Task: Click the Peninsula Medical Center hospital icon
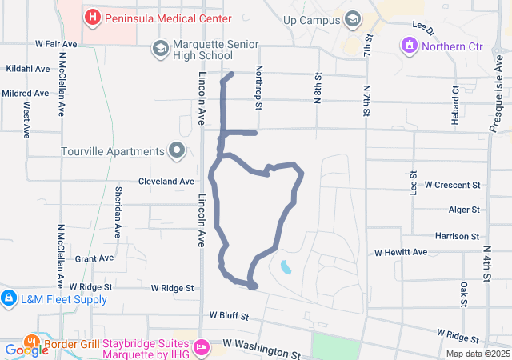click(x=93, y=17)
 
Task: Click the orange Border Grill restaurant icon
click(x=33, y=345)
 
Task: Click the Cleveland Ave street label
click(x=166, y=182)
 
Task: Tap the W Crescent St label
click(x=452, y=185)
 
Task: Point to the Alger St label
click(x=463, y=210)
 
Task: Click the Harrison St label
click(x=457, y=236)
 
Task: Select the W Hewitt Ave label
click(x=402, y=252)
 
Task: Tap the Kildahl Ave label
click(x=28, y=70)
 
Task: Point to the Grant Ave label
click(x=94, y=258)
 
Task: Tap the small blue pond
click(x=286, y=266)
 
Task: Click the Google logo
click(x=26, y=350)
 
